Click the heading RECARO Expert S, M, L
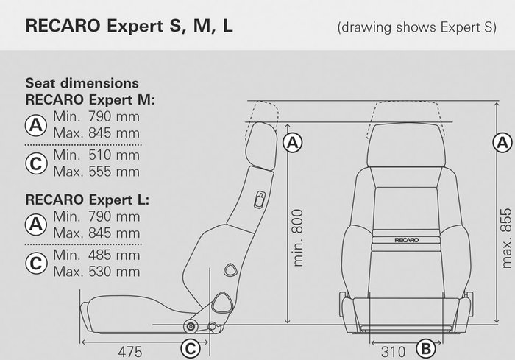pos(130,27)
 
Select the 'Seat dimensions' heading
pos(82,83)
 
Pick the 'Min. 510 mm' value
pos(96,155)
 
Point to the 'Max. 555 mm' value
pos(96,172)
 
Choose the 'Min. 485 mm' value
pos(96,255)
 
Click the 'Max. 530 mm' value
pos(96,272)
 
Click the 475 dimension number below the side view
pos(130,350)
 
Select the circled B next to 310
pos(425,349)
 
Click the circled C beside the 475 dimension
pos(189,349)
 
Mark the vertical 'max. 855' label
pos(506,237)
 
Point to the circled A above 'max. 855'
pos(504,141)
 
